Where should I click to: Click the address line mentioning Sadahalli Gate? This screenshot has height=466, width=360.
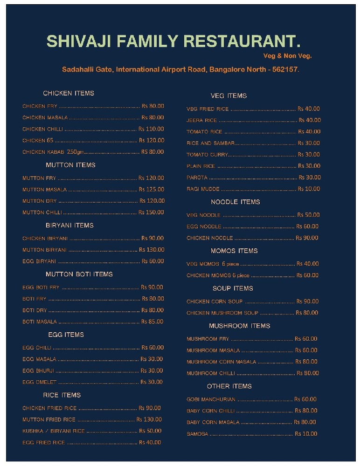point(180,69)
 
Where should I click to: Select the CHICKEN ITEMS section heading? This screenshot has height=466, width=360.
point(69,93)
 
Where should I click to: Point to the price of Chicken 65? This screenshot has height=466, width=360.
point(152,140)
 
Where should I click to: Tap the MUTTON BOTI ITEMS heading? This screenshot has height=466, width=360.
point(79,274)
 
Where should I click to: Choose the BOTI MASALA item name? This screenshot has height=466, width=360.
point(40,322)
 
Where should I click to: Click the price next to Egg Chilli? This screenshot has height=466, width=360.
point(152,348)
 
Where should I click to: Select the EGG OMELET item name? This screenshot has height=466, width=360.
point(40,382)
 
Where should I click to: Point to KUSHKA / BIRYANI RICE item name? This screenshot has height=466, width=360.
point(54,431)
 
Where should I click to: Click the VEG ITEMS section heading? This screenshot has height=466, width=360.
point(228,96)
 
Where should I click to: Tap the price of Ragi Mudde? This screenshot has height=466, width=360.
point(309,189)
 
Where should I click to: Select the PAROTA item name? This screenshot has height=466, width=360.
point(197,178)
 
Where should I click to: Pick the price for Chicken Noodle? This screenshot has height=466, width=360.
point(307,238)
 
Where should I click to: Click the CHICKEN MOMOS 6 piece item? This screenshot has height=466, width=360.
point(218,275)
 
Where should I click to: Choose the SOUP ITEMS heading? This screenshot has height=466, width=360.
point(233,288)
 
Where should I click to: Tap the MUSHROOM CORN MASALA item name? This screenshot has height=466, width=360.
point(222,362)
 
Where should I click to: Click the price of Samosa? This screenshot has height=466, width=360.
point(306,434)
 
